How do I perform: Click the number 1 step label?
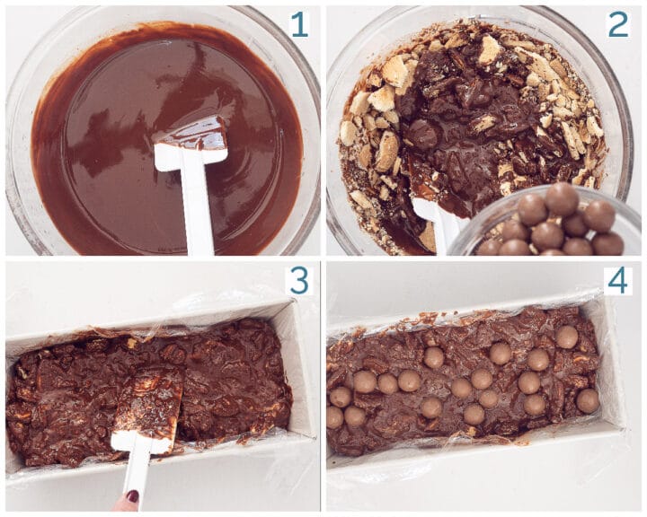click(298, 24)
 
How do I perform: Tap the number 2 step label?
click(617, 24)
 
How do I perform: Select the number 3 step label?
click(298, 280)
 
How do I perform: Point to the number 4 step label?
click(617, 280)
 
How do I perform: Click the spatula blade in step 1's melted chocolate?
click(191, 144)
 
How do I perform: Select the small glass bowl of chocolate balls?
click(548, 224)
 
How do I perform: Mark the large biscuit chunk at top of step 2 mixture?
click(490, 49)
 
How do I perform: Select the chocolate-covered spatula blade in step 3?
click(148, 404)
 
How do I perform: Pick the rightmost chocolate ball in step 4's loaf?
click(588, 400)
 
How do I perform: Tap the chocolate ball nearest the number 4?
click(566, 337)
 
